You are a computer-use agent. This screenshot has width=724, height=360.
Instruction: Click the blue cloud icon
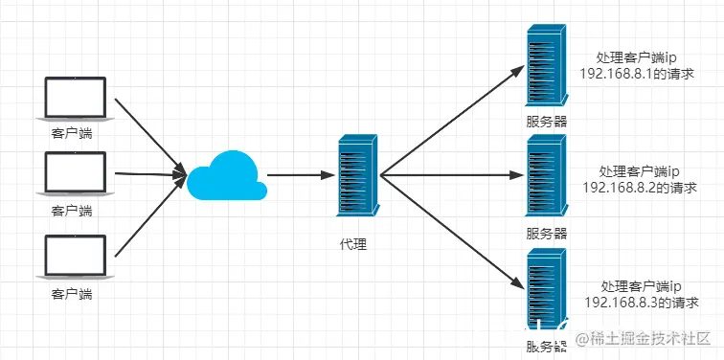click(x=226, y=176)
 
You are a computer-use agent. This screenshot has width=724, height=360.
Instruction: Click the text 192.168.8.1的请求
click(x=637, y=73)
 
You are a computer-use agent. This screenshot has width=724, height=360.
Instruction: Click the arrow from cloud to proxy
click(x=299, y=176)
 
